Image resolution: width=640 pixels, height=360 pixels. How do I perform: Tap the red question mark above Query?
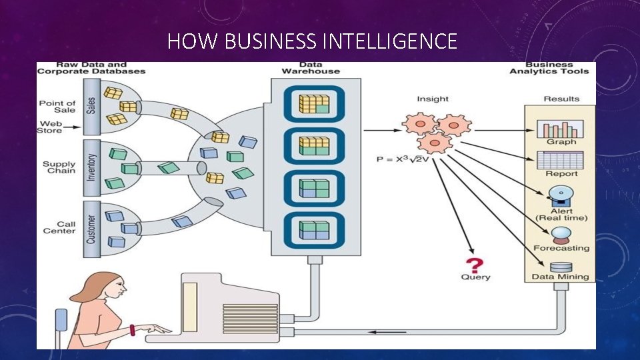(476, 263)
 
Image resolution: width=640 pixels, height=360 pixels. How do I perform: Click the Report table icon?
(561, 160)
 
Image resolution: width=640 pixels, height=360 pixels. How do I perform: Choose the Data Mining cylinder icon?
(561, 267)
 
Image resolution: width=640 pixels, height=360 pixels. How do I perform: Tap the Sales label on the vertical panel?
(91, 105)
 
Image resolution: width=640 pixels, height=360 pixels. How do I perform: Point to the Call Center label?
(59, 227)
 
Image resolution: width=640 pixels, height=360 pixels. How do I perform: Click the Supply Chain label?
(59, 167)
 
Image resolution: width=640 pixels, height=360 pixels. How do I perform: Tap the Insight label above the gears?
(433, 99)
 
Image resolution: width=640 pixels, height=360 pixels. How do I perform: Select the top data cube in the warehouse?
(314, 104)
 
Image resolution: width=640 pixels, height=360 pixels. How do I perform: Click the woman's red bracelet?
(132, 329)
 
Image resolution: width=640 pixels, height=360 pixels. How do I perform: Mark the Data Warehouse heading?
(310, 67)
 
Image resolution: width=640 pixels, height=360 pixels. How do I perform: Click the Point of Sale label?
(57, 107)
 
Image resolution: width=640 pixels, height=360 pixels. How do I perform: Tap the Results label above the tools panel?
(561, 99)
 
